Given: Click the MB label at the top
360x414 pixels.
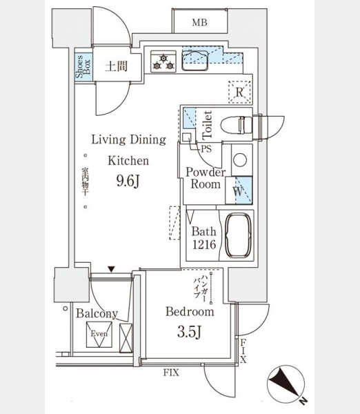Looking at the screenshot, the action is tap(199, 23).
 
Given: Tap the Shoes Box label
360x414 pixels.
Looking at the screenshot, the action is tap(83, 66).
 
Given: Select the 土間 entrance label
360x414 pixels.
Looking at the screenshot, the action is tap(116, 66).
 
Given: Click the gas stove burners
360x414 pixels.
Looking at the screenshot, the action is tap(163, 61).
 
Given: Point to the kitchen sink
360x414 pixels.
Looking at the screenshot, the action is tap(194, 61).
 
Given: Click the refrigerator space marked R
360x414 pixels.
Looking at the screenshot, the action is tap(239, 92).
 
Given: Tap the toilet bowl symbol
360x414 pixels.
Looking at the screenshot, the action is tap(237, 125).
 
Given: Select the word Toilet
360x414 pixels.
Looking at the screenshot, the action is tap(208, 125).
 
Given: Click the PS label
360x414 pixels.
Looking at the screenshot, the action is tap(206, 149).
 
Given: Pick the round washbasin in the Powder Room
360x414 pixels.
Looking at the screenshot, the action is tap(240, 160).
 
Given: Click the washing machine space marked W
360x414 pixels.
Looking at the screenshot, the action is tap(239, 190).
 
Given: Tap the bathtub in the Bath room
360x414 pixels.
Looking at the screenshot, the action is tap(238, 235).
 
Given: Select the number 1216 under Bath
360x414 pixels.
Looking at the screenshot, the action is tap(204, 245).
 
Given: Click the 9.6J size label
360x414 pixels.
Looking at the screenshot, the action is tap(128, 181).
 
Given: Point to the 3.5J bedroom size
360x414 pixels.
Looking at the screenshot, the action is tap(189, 332).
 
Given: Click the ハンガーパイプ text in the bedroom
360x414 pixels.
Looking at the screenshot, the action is tap(200, 287).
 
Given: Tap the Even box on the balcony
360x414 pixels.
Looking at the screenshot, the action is tap(99, 334).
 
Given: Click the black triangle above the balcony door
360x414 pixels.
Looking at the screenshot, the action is tap(112, 269).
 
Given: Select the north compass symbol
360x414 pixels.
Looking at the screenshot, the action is tap(286, 385).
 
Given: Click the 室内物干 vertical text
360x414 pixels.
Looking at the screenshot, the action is tap(85, 181).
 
